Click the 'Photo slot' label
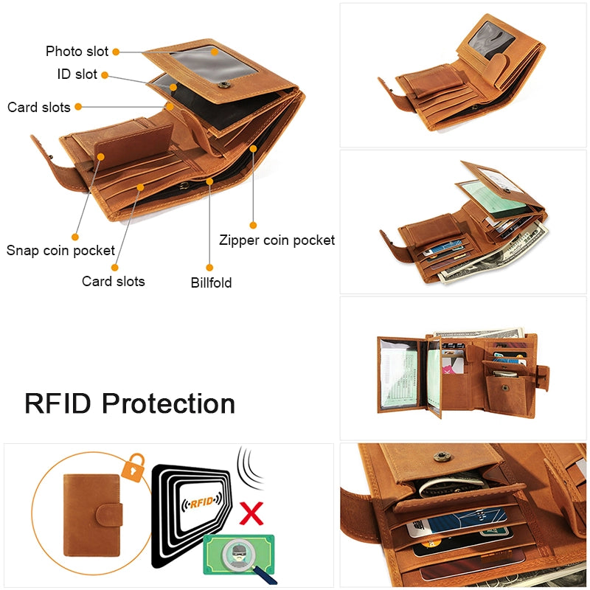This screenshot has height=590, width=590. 77,51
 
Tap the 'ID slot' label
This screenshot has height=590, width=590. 77,74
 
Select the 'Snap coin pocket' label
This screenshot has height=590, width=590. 60,250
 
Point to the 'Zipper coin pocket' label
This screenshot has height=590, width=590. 277,240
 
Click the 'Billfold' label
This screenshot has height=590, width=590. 211,282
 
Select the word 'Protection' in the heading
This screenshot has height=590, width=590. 168,403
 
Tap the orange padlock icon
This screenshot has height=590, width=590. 131,468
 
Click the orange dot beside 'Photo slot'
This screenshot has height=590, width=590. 116,52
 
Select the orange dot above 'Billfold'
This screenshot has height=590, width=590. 209,268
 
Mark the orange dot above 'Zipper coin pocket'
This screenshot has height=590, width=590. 253,225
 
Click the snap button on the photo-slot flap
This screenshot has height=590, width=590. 223,86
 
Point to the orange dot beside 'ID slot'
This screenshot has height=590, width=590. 105,74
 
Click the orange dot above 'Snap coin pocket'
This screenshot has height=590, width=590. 75,236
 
